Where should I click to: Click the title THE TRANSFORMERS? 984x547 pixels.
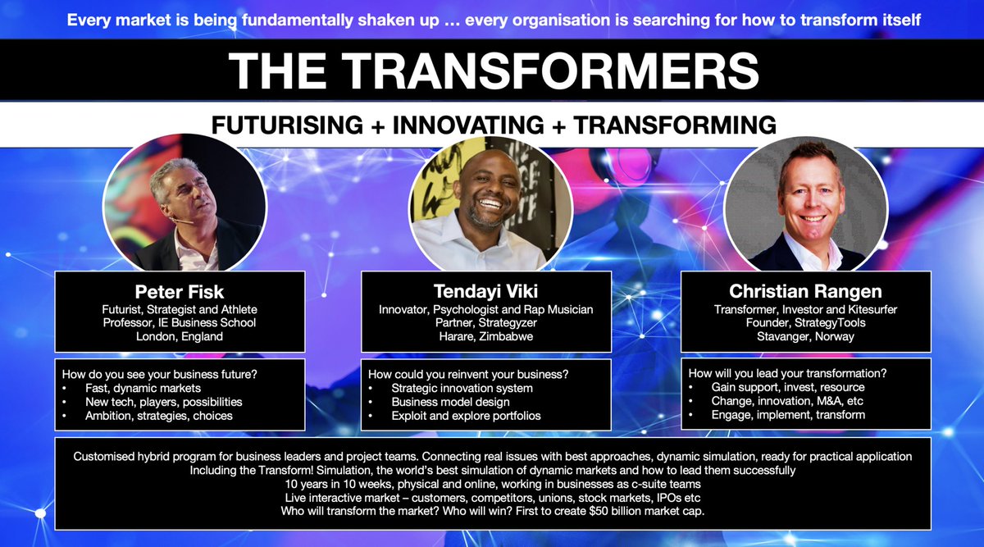click(492, 71)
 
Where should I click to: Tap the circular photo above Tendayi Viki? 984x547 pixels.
click(490, 202)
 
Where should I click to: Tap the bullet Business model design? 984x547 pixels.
click(450, 402)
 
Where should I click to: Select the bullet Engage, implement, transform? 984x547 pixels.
click(777, 415)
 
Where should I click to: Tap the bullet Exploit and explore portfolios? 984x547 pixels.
click(466, 416)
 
